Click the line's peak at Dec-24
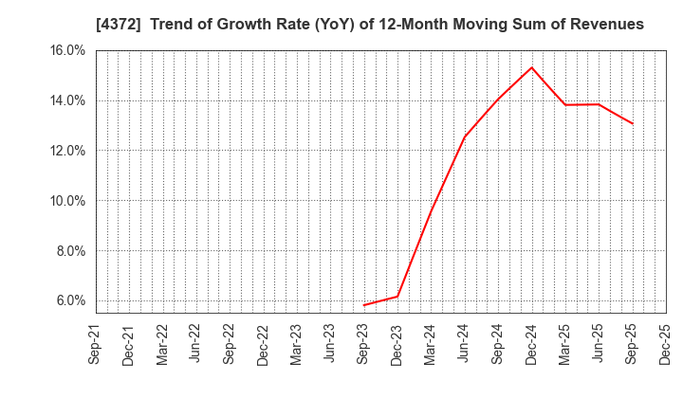click(x=532, y=67)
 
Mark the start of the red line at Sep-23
click(x=364, y=305)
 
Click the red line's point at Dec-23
click(x=397, y=297)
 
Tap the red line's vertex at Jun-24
click(x=465, y=136)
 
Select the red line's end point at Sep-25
click(x=633, y=123)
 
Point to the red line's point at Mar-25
click(x=565, y=104)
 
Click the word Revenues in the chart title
click(x=606, y=25)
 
